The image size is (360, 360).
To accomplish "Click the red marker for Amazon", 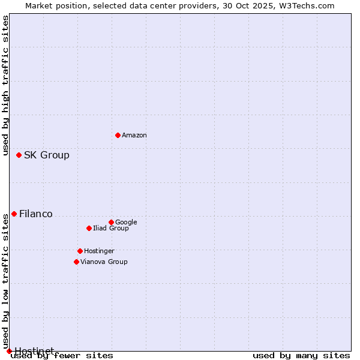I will pyautogui.click(x=118, y=135).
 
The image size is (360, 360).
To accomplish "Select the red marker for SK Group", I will pyautogui.click(x=19, y=155).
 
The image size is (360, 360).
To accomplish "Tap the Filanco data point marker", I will pyautogui.click(x=14, y=214).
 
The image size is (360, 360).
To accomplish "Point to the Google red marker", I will pyautogui.click(x=111, y=222).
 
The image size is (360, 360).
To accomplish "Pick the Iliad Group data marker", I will pyautogui.click(x=89, y=228).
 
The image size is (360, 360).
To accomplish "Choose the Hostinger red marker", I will pyautogui.click(x=80, y=251).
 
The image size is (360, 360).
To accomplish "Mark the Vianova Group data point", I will pyautogui.click(x=76, y=262).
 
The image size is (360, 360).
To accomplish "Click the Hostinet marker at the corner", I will pyautogui.click(x=9, y=351).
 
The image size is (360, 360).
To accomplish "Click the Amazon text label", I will pyautogui.click(x=134, y=136).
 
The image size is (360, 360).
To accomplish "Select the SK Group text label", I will pyautogui.click(x=47, y=155).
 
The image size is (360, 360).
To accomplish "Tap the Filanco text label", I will pyautogui.click(x=36, y=214).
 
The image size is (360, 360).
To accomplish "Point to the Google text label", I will pyautogui.click(x=126, y=223).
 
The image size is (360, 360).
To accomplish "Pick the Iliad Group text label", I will pyautogui.click(x=111, y=229).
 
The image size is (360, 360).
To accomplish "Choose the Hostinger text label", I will pyautogui.click(x=99, y=251).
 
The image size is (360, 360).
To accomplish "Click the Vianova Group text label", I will pyautogui.click(x=104, y=262).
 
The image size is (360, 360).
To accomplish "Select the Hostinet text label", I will pyautogui.click(x=34, y=351).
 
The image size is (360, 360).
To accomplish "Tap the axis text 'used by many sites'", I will pyautogui.click(x=301, y=356).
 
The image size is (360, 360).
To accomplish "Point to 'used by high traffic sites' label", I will pyautogui.click(x=6, y=86).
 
